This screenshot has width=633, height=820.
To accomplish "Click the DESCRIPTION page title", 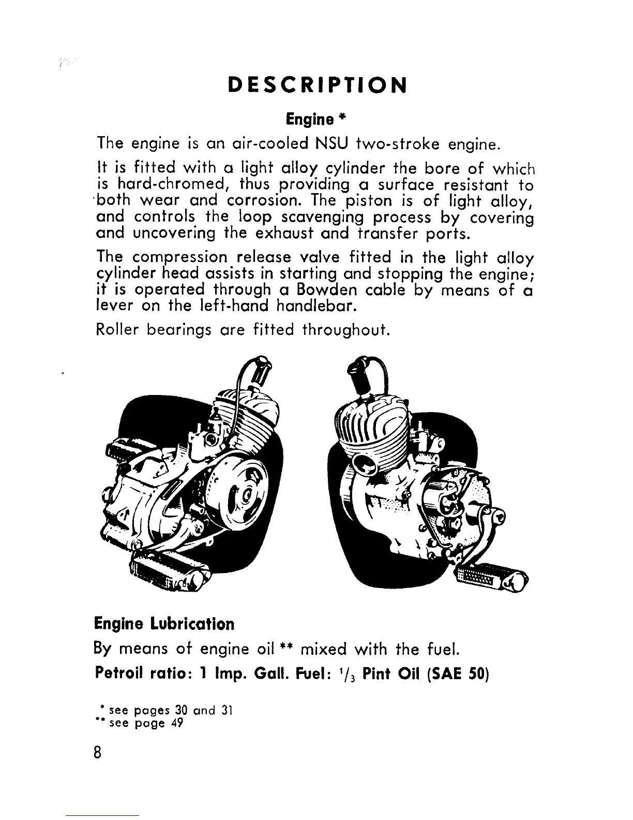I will tap(317, 85).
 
